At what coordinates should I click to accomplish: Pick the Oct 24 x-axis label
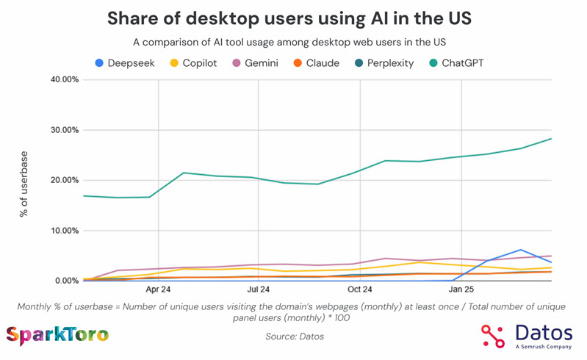[360, 290]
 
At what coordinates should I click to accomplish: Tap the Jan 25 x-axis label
[461, 290]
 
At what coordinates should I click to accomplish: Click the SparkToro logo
[57, 336]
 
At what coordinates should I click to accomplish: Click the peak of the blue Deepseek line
[521, 250]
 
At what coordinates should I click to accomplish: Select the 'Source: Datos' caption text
[293, 336]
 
